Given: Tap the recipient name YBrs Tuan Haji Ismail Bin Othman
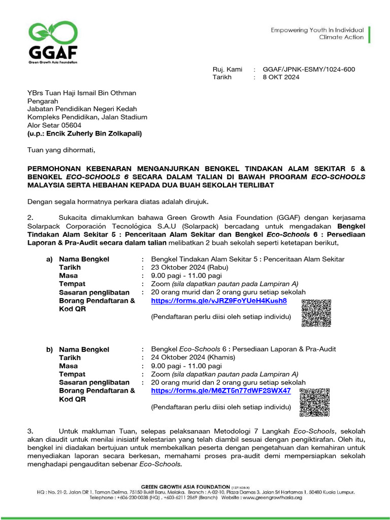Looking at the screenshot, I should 81,93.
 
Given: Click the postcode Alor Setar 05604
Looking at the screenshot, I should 54,125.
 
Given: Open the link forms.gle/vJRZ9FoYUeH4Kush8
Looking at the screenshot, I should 219,301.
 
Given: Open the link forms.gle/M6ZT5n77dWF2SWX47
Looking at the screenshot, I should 221,391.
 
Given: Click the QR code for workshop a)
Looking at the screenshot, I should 316,313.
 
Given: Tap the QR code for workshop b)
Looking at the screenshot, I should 314,402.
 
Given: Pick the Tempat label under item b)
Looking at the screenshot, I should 72,374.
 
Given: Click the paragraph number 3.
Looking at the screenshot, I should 29,431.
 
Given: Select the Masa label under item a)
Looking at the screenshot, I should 69,276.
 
